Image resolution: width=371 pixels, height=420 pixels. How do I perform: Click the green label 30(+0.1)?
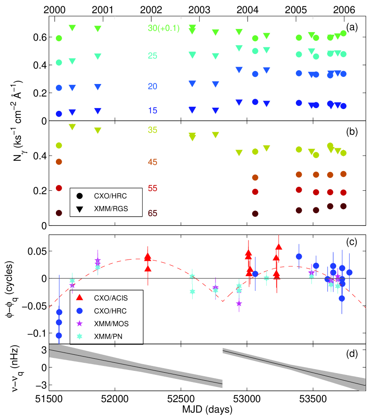[x=163, y=28]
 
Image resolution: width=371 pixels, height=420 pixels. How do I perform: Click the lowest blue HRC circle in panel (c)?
[x=59, y=335]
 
